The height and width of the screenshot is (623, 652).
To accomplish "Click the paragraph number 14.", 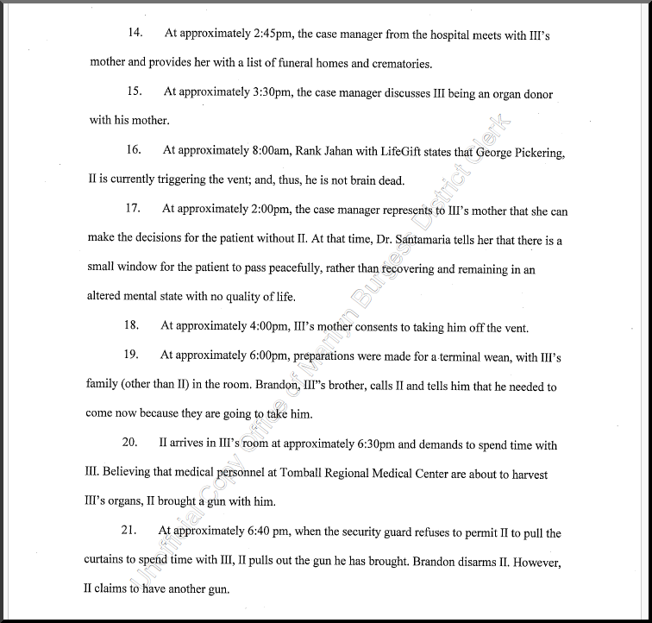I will coord(135,34).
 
